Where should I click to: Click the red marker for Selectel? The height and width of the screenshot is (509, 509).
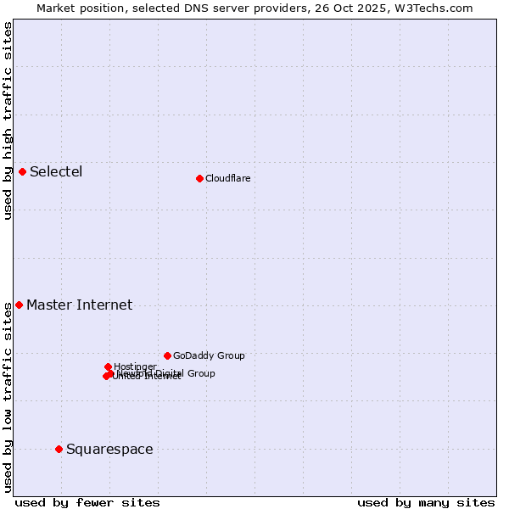[23, 172]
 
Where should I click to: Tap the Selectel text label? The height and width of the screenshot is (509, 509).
[56, 172]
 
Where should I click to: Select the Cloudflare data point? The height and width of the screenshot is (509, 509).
[199, 178]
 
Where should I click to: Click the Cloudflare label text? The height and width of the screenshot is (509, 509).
[227, 178]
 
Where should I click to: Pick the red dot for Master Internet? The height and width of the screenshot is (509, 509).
[19, 305]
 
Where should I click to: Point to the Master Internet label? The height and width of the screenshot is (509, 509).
[79, 305]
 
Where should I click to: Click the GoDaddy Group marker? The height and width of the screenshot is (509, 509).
[167, 355]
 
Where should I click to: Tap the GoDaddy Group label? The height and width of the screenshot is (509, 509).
[209, 356]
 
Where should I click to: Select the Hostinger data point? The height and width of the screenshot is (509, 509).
[108, 366]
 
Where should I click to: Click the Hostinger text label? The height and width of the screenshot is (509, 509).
[135, 366]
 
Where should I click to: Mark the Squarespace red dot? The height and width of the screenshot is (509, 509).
[59, 449]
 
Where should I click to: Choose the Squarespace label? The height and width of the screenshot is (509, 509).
[109, 450]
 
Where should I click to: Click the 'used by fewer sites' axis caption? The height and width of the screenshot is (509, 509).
[87, 502]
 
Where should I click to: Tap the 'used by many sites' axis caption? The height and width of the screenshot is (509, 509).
[426, 502]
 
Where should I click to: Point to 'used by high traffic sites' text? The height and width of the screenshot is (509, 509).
[8, 120]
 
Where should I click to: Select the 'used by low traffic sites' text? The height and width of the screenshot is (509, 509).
[8, 397]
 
